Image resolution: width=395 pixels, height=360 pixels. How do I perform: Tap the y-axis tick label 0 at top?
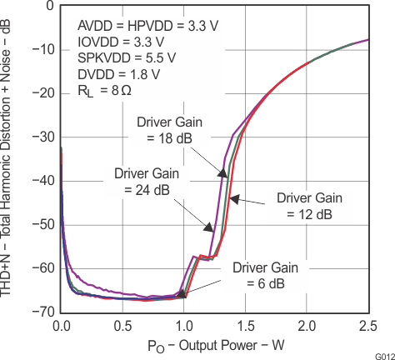(51, 7)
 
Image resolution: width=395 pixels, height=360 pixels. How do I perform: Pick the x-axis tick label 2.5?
(367, 323)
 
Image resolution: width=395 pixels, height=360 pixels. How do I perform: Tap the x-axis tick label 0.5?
(122, 323)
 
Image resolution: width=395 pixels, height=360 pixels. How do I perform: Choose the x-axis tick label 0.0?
(61, 323)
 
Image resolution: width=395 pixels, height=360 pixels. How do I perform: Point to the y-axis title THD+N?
(11, 158)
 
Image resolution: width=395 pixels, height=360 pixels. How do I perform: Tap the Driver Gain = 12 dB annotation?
(304, 206)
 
